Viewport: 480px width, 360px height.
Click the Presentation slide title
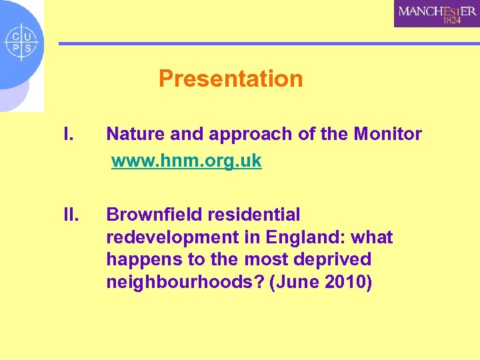pyautogui.click(x=231, y=79)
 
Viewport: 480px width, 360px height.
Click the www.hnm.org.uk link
pyautogui.click(x=186, y=161)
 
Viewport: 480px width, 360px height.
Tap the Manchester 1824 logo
pyautogui.click(x=437, y=13)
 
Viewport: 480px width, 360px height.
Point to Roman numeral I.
pyautogui.click(x=67, y=135)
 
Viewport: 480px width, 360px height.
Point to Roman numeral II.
pyautogui.click(x=70, y=215)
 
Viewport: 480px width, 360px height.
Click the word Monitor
pyautogui.click(x=387, y=135)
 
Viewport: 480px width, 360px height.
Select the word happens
pyautogui.click(x=138, y=259)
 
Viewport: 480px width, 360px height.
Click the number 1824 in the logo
pyautogui.click(x=451, y=21)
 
